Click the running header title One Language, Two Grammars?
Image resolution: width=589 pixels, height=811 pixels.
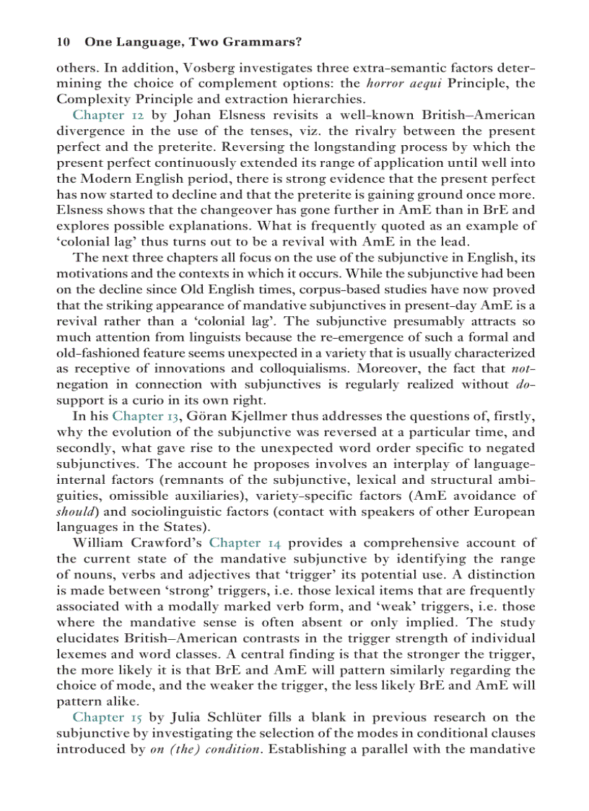193,43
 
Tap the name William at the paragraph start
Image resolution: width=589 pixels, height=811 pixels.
100,542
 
